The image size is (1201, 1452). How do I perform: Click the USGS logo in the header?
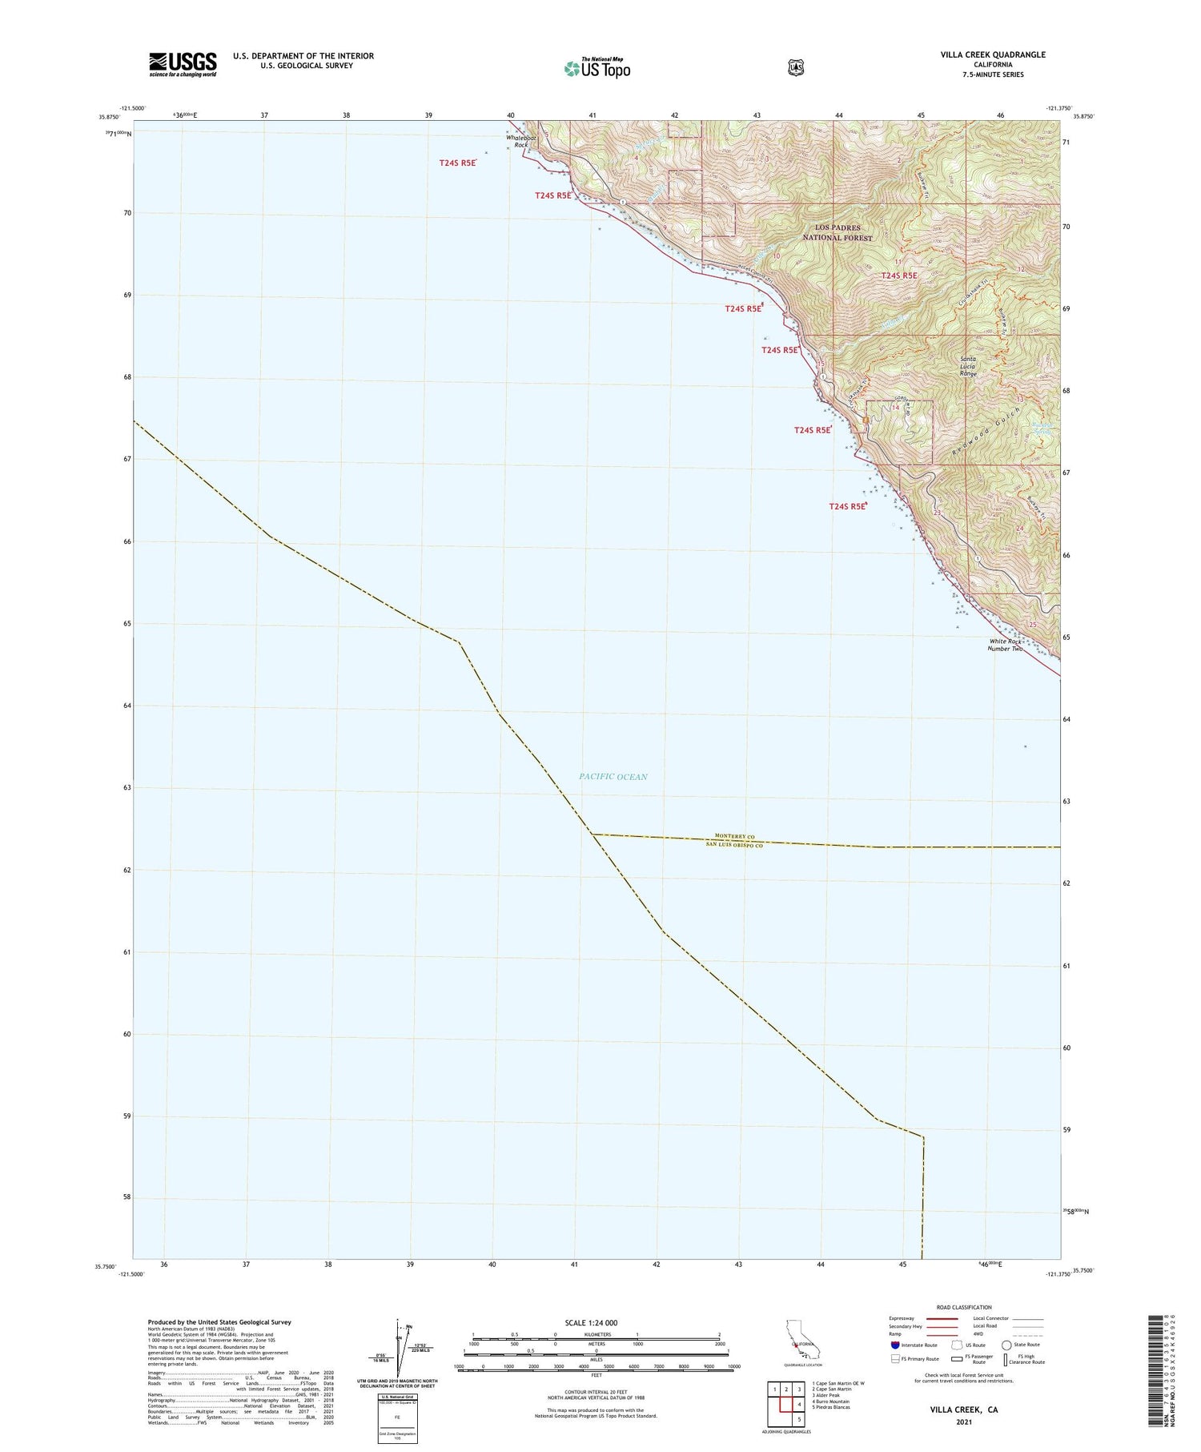point(183,64)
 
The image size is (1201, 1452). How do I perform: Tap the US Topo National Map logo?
point(597,68)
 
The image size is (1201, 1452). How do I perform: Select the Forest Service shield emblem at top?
point(795,68)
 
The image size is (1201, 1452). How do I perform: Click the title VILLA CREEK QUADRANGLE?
point(993,54)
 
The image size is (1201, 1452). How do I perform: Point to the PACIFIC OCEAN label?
point(613,776)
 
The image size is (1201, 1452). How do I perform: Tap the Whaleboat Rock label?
point(517,141)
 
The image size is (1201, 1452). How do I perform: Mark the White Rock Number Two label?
point(1006,645)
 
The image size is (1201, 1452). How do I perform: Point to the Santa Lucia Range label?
point(969,367)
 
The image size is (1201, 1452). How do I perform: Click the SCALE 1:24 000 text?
point(591,1322)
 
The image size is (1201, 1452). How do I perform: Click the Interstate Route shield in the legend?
point(894,1345)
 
